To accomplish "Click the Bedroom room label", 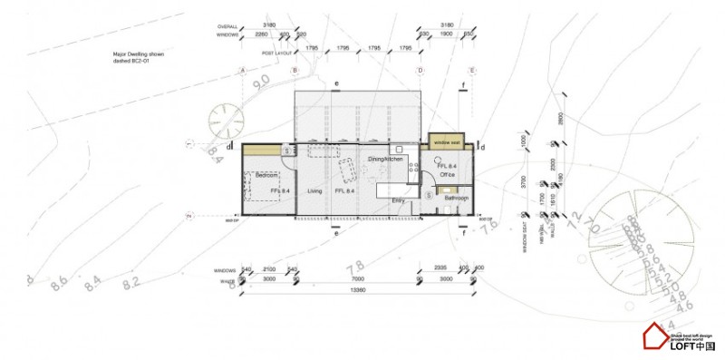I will click(266, 174).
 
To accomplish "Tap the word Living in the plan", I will click(314, 191).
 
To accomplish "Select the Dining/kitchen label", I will click(384, 159).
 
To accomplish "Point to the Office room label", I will click(447, 175).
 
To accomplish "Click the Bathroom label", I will click(455, 198).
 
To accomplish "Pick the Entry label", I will click(398, 201).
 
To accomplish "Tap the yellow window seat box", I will click(446, 141).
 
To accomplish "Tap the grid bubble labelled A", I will click(242, 70).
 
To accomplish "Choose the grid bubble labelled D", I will click(420, 70).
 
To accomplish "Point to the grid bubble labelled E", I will click(472, 70).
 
